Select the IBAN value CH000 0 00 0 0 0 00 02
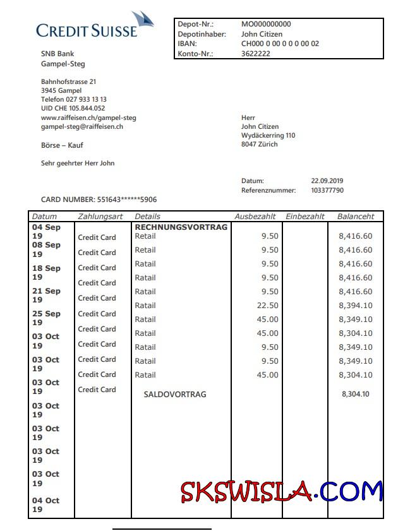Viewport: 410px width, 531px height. tap(280, 44)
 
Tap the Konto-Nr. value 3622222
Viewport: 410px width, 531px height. tap(256, 54)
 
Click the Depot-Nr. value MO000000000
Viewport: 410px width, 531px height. tap(266, 24)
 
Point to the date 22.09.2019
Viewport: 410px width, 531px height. tap(327, 181)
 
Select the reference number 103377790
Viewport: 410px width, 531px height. tap(327, 190)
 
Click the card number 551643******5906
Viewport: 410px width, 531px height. tap(126, 200)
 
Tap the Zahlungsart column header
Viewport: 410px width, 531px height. tap(100, 216)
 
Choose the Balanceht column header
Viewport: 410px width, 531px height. tap(356, 216)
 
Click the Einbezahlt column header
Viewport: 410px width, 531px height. tap(305, 216)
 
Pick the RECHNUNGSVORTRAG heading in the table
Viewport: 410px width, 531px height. tap(181, 227)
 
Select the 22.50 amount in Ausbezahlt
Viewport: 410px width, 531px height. tap(268, 306)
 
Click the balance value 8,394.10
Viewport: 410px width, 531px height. tap(356, 306)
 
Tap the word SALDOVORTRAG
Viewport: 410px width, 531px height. tap(175, 394)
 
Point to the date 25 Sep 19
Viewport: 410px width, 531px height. tap(46, 318)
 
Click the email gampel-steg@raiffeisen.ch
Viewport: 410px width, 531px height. tap(81, 126)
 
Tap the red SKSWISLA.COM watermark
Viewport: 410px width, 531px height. tap(282, 491)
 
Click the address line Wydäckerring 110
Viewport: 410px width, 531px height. tap(268, 135)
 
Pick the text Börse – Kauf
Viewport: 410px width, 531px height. tap(62, 145)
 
